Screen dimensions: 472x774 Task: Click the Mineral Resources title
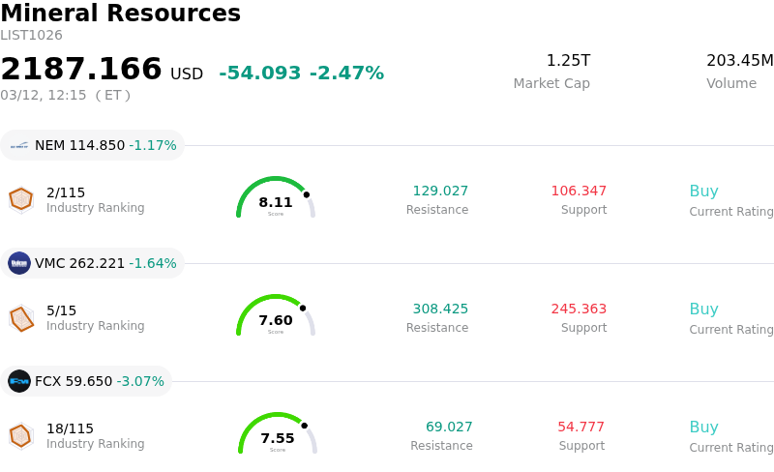pos(120,14)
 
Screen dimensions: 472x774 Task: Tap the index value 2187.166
pos(81,70)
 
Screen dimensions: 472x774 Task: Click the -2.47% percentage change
pos(346,74)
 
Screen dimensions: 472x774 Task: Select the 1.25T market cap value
pos(568,61)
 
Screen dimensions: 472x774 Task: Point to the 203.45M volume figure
pos(739,61)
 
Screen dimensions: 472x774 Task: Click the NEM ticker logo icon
pos(19,146)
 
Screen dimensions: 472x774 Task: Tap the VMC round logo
pos(19,263)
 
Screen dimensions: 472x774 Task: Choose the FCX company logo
pos(19,381)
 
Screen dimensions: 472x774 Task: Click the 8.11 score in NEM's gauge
pos(276,203)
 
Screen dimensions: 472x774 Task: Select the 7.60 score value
pos(276,321)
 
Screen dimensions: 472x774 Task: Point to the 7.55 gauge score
pos(278,439)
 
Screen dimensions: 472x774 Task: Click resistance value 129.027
pos(440,192)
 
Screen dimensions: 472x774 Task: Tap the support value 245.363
pos(579,310)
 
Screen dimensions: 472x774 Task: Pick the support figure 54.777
pos(580,428)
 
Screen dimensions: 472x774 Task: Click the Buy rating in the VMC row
pos(703,310)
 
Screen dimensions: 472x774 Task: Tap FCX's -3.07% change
pos(140,382)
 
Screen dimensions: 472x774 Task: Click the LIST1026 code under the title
pos(31,36)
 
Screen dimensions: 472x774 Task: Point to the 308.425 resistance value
pos(440,310)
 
